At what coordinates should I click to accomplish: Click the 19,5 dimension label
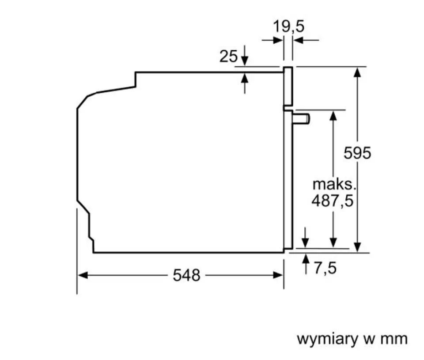[x=288, y=27]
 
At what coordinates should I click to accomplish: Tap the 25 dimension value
[x=228, y=57]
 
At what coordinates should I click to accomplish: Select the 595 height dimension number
[x=357, y=153]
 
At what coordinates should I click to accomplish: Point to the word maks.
[x=334, y=185]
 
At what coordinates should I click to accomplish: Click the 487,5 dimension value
[x=332, y=201]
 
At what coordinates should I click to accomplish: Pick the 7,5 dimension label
[x=325, y=268]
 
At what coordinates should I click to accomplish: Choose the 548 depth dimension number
[x=186, y=275]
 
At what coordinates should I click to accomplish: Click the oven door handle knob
[x=301, y=119]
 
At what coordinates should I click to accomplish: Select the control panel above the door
[x=288, y=86]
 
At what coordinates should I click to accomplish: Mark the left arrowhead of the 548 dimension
[x=83, y=275]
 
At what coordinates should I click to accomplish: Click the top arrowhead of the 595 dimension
[x=357, y=72]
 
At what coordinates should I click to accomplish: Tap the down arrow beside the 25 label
[x=244, y=56]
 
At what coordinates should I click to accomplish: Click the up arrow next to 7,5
[x=306, y=264]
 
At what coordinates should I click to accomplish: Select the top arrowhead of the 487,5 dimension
[x=333, y=116]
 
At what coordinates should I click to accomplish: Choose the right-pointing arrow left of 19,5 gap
[x=273, y=40]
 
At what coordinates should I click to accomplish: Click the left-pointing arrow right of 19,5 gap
[x=306, y=40]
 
